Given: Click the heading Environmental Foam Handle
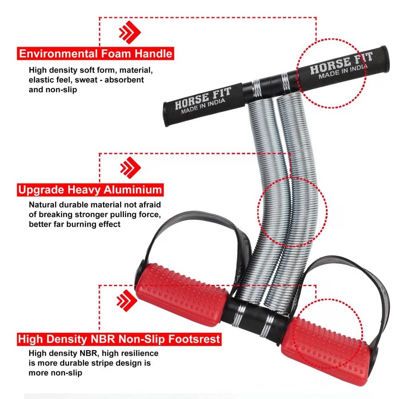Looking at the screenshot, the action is pos(95,53).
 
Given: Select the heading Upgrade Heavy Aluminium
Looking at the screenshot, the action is pos(90,190).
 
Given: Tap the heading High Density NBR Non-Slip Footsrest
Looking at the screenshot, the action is pos(119,339).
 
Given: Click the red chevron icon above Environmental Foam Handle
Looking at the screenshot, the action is pos(130,32).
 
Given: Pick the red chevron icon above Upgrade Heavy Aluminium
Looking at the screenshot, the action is pos(130,168).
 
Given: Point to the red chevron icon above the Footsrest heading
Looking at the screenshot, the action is pos(127,300).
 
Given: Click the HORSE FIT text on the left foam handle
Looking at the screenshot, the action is pos(203,97).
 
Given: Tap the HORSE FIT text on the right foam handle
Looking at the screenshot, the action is pos(341,62).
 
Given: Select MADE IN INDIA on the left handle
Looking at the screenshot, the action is pos(203,106).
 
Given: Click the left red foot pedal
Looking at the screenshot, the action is pos(181,294).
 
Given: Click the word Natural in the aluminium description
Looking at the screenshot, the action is pos(43,205).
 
